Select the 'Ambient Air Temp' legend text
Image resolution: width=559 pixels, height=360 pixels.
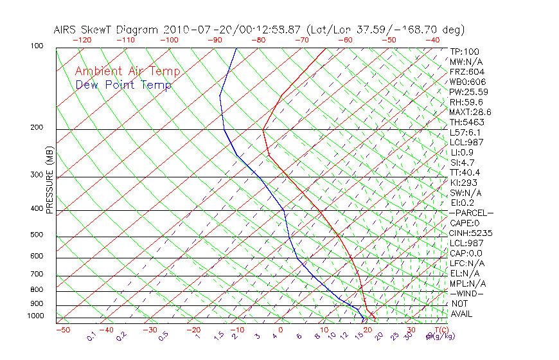pos(128,71)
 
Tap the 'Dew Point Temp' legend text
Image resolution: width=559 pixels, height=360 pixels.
pos(123,85)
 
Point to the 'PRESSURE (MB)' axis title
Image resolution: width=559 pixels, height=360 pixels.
pos(49,180)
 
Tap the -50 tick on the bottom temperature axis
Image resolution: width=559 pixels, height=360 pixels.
pos(62,330)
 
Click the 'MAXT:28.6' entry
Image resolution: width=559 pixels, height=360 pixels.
pos(471,112)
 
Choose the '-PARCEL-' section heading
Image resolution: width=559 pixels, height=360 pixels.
pos(472,213)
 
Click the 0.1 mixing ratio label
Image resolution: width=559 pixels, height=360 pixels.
pos(91,336)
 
